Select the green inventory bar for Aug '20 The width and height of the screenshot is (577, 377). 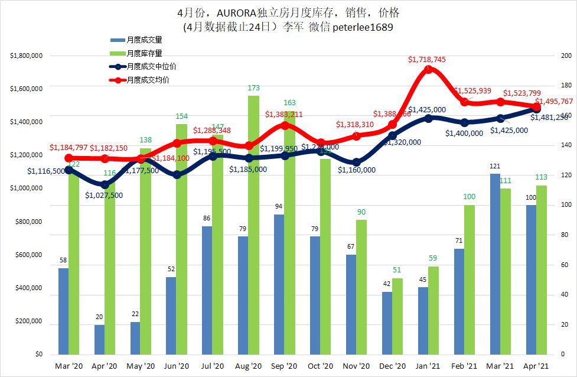tap(253, 225)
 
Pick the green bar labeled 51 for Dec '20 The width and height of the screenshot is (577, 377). tap(397, 316)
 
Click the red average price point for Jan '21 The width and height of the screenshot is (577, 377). tap(429, 69)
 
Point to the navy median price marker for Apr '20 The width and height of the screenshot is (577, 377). tap(105, 185)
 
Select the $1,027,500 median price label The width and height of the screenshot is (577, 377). tap(104, 195)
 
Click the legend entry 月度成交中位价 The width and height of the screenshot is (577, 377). tap(151, 67)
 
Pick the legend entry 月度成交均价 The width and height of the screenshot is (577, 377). tap(147, 80)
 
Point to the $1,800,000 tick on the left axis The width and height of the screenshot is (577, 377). tap(25, 56)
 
